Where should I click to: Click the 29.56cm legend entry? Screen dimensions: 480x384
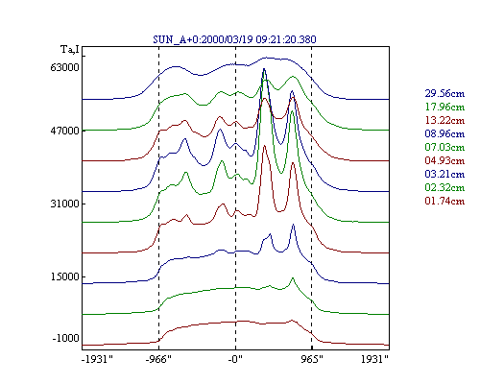coord(444,93)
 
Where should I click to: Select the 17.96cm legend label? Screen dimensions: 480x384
coord(444,107)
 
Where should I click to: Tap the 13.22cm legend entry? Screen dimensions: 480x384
coord(444,120)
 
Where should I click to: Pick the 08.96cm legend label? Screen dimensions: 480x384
coord(444,133)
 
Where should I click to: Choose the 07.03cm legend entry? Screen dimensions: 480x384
coord(444,147)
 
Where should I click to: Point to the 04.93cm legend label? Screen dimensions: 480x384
coord(444,160)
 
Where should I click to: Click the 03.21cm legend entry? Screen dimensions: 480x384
coord(444,174)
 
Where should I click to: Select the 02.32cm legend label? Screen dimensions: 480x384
coord(444,187)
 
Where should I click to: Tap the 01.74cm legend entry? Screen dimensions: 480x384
coord(444,201)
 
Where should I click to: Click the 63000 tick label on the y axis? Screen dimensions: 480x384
coord(64,67)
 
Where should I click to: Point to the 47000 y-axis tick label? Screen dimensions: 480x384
coord(64,131)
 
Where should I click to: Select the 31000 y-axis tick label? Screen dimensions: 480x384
coord(64,204)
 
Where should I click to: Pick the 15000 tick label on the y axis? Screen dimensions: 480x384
coord(64,276)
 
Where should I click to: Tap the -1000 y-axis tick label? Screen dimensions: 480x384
coord(65,338)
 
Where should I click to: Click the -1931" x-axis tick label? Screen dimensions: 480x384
coord(97,360)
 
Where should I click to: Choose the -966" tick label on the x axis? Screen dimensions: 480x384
coord(158,360)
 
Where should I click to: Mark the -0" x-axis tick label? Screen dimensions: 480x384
coord(235,360)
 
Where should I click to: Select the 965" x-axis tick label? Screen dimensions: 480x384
coord(312,360)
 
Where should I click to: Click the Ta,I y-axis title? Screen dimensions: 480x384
coord(70,50)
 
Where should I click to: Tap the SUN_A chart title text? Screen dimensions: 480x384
coord(234,39)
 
